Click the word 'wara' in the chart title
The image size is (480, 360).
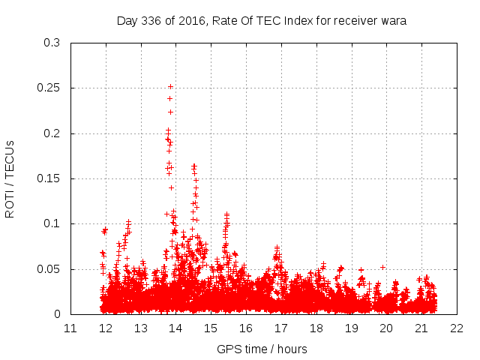coord(393,21)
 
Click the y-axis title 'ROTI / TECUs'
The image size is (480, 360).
coord(10,178)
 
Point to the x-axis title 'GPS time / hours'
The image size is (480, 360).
coord(262,349)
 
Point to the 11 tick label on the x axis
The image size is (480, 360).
coord(70,328)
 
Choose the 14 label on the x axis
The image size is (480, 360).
coord(175,328)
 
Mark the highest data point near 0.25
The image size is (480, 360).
coord(170,87)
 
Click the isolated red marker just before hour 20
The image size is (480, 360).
coord(382,267)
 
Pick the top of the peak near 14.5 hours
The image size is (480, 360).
coord(194,165)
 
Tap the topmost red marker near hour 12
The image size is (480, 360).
coord(106,229)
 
